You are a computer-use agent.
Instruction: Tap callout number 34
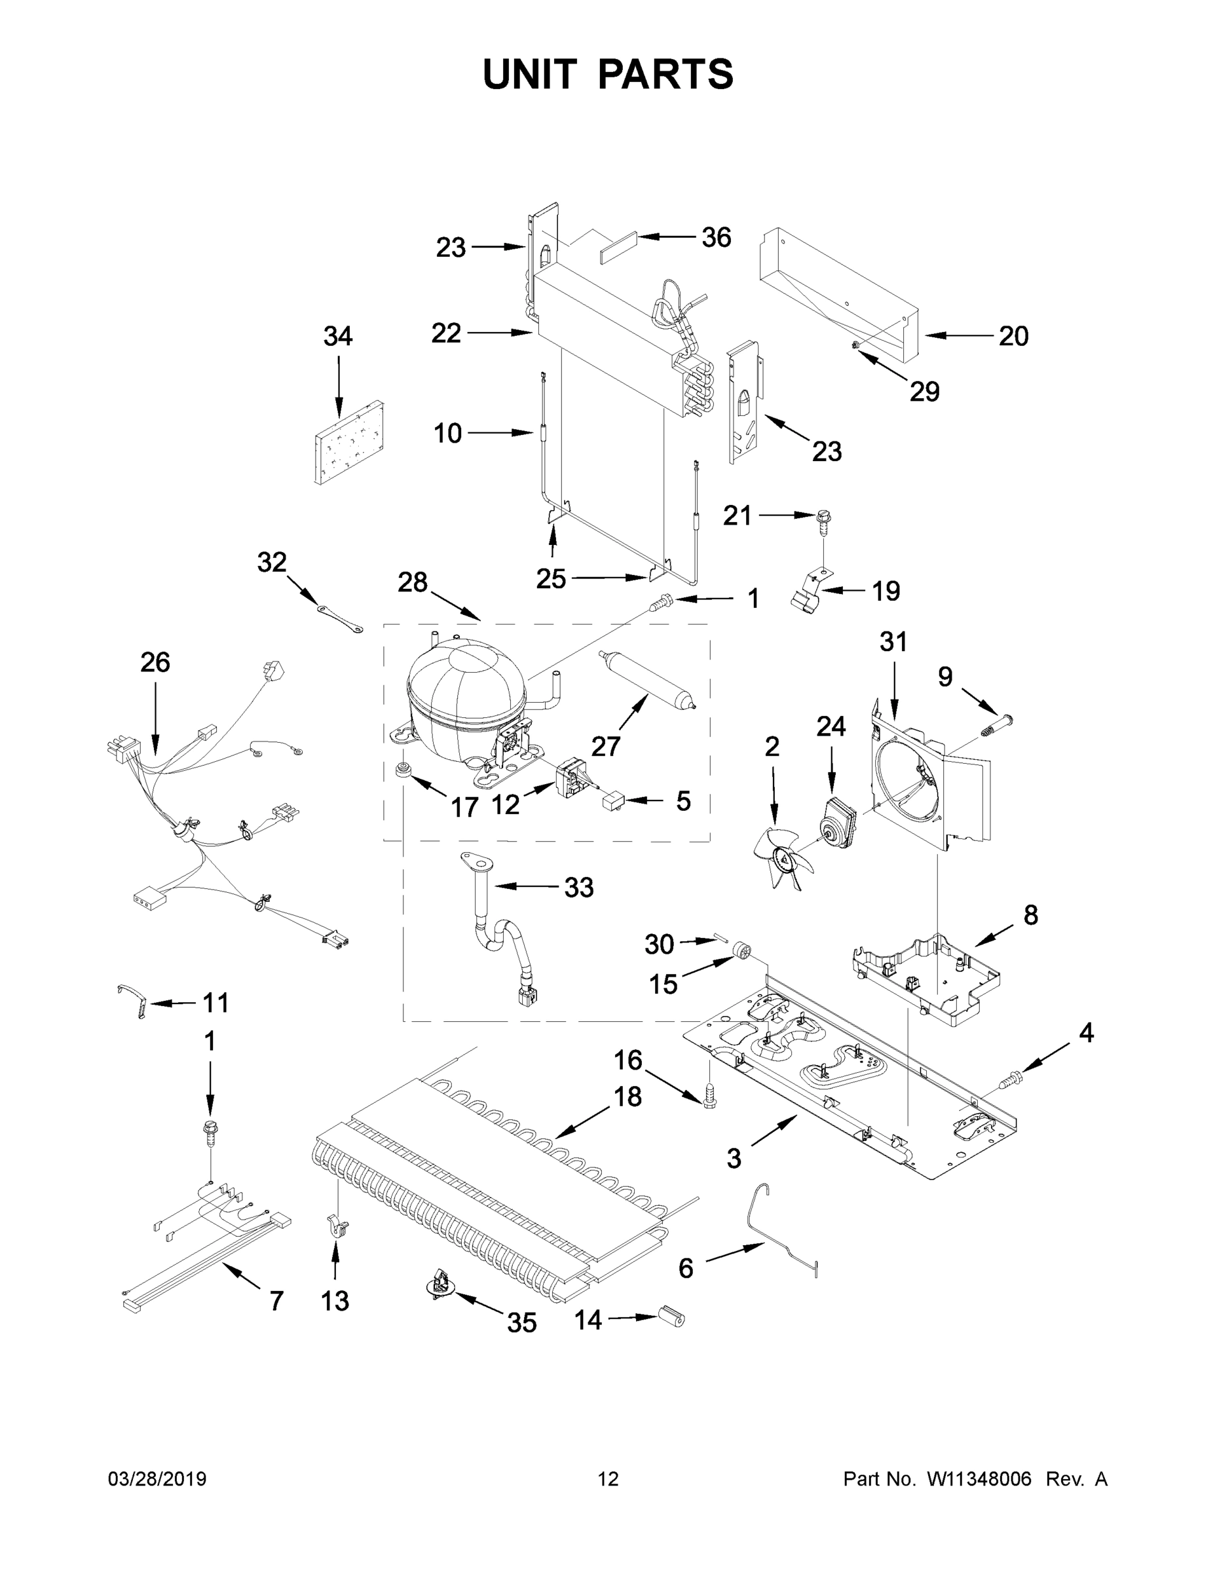pos(337,336)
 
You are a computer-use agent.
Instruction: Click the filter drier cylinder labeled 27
pos(645,679)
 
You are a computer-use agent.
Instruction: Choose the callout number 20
pos(1013,336)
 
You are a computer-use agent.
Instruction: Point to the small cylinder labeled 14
pos(671,1317)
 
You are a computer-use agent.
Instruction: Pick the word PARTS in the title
pos(666,74)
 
